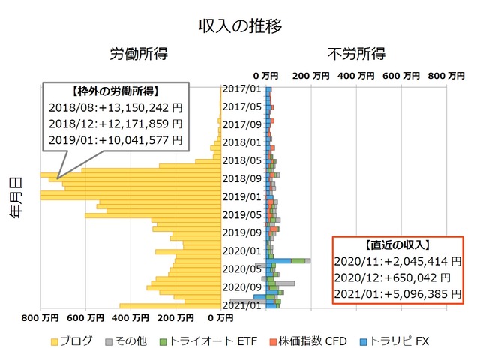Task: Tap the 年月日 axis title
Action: (16, 196)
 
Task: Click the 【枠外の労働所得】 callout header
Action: (115, 91)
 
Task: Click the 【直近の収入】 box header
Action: (397, 244)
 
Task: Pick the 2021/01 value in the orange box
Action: (397, 294)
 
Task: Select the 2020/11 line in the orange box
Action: (397, 261)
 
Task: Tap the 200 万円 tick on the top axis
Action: (310, 75)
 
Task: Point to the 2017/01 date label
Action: (242, 88)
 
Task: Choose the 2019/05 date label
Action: (242, 214)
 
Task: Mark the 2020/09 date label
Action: (242, 286)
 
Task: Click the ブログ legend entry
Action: (72, 341)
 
